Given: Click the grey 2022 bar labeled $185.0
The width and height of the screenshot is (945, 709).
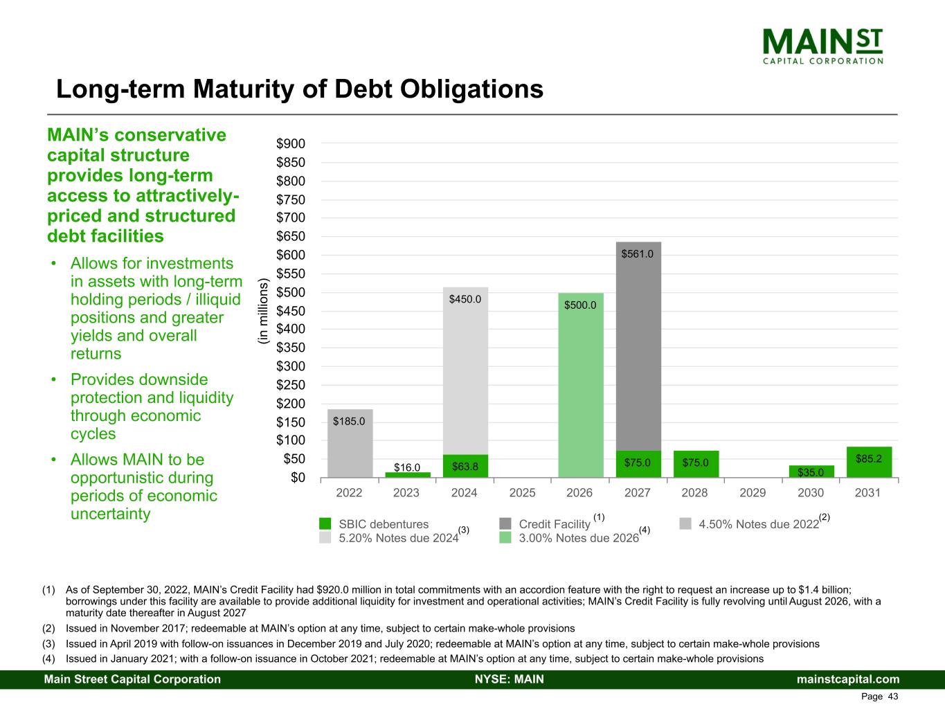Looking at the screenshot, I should (350, 443).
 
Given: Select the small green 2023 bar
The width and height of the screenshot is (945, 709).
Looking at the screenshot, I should (407, 475).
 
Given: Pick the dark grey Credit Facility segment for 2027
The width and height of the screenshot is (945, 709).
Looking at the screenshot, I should (638, 346).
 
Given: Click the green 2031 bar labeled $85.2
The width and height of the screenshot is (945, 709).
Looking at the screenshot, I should (868, 462).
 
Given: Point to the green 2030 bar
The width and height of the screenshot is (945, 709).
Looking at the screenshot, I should (811, 472).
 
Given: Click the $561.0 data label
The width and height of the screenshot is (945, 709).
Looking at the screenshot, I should (637, 254).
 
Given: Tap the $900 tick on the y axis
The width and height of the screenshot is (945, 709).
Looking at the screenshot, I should (291, 144).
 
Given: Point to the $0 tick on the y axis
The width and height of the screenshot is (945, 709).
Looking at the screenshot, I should (297, 478).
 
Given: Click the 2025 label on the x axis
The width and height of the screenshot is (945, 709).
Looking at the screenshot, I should (523, 493).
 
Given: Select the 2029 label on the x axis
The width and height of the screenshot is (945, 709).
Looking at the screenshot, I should (753, 493).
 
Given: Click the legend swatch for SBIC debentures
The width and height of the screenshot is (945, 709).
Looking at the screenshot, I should (325, 523).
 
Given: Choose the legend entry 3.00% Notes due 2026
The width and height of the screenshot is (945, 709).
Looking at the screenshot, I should (579, 537).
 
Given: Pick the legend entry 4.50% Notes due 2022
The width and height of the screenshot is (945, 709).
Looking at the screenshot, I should (759, 524).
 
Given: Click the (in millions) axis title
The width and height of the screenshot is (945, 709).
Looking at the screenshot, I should (262, 311).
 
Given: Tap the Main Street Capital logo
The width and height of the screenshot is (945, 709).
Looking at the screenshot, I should (822, 45).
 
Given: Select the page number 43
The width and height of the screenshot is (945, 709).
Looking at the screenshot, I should (892, 697).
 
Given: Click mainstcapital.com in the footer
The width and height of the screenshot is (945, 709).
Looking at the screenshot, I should (848, 679).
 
